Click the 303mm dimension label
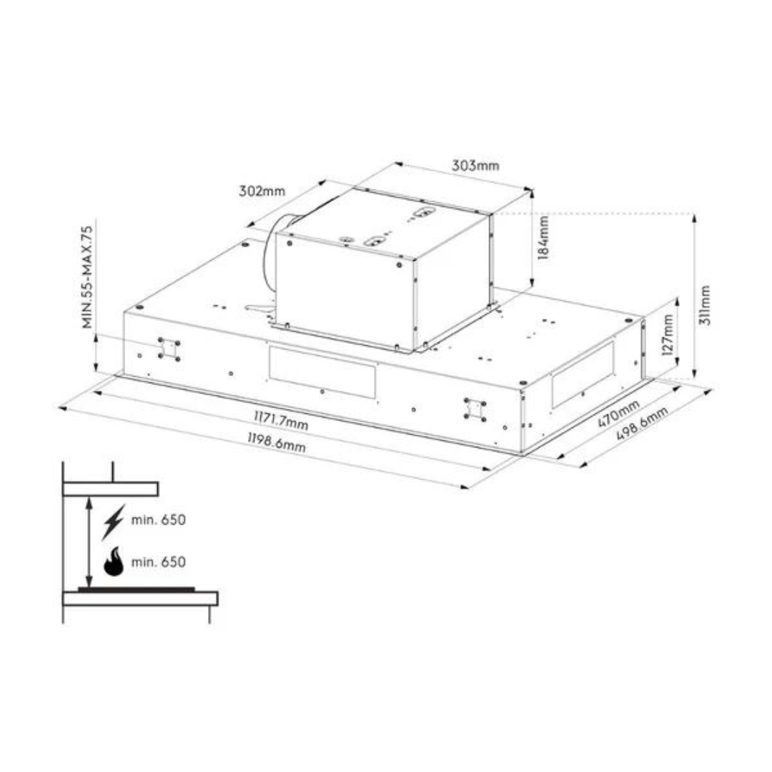pos(475,165)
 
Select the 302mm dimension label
pos(262,191)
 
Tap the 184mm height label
pos(543,237)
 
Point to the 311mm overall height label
pos(705,305)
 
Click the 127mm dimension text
pos(667,335)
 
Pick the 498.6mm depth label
pos(642,425)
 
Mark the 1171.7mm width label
pos(281,420)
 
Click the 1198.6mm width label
pos(276,442)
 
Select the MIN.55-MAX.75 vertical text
pos(87,277)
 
